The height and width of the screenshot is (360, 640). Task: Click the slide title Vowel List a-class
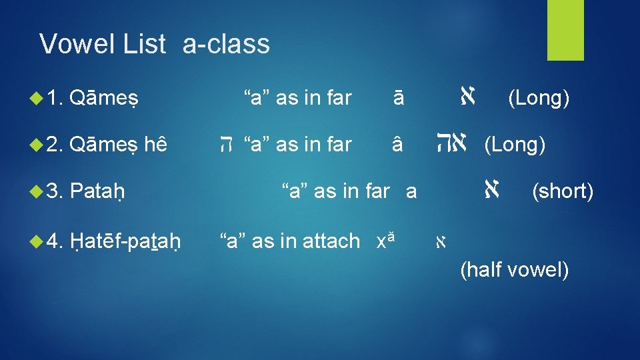point(155,45)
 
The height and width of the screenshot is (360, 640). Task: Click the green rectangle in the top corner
point(565,30)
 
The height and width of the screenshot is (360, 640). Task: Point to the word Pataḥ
point(98,192)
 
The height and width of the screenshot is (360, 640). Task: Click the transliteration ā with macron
point(398,99)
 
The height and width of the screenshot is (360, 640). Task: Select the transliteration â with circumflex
point(398,145)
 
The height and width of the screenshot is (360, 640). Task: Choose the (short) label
point(562,192)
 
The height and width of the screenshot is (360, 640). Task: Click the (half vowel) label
point(514,271)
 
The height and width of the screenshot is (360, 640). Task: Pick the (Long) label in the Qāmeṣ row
point(539,99)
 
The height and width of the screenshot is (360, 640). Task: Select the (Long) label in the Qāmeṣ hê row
point(515,145)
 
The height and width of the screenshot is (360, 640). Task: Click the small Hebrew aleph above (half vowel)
point(441,242)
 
